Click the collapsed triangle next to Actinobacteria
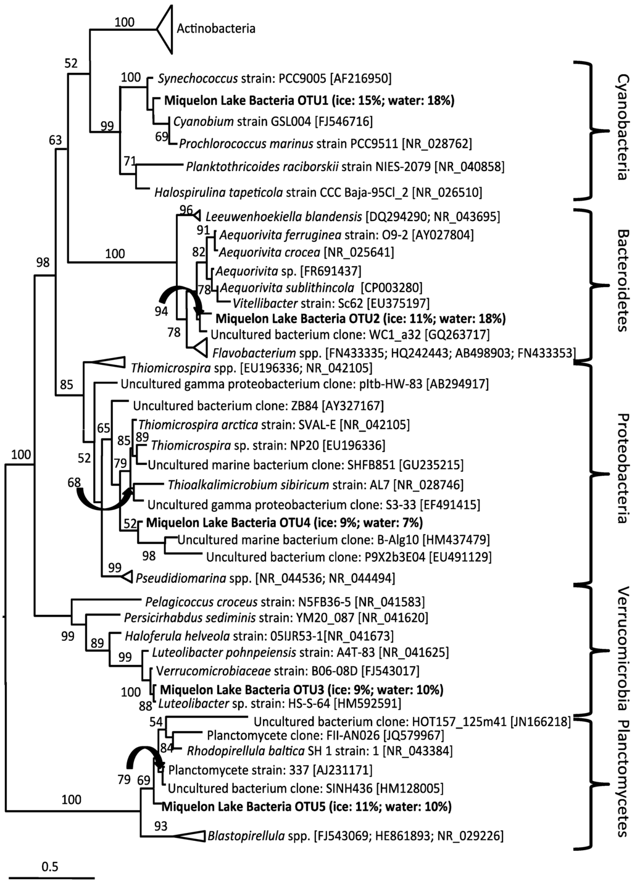(x=163, y=28)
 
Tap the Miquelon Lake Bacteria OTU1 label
(x=309, y=101)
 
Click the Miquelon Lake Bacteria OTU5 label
(x=306, y=806)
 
